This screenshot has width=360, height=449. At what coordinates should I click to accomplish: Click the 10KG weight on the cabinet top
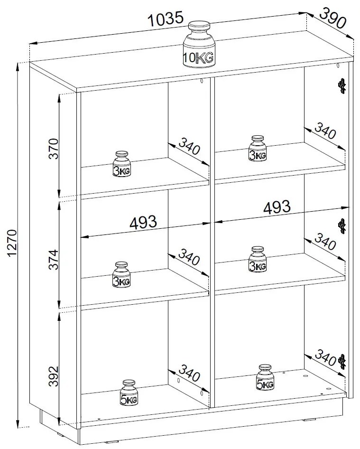point(199,45)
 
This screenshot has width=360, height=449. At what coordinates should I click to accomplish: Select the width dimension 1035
point(166,19)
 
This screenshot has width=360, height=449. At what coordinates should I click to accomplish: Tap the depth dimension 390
point(332,18)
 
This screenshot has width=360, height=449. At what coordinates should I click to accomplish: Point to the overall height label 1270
point(13,243)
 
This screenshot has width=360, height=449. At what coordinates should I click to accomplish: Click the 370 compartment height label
point(54,149)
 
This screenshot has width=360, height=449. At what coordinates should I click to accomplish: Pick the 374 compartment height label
point(54,260)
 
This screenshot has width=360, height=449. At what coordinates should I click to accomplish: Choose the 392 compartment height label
point(54,376)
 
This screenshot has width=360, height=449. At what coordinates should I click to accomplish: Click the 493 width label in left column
point(143,222)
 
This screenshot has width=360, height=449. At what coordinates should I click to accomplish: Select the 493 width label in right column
point(277,207)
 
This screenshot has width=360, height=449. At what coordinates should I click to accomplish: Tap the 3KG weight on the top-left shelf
point(121,164)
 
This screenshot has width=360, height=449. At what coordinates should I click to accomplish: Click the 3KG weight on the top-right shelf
point(258,148)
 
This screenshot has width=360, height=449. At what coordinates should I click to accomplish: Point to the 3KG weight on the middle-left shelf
point(121,274)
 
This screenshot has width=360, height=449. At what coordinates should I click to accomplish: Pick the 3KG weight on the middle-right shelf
point(258,259)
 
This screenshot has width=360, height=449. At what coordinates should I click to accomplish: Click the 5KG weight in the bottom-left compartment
point(129,393)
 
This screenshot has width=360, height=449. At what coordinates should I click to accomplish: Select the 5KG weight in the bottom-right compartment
point(265,377)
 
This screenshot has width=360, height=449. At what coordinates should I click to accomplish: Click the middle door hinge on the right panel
point(342,226)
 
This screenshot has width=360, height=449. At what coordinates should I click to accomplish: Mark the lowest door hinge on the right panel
point(342,362)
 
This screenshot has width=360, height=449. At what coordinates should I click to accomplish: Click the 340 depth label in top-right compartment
point(325,131)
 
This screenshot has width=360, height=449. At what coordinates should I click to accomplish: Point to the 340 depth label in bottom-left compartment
point(189,373)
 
